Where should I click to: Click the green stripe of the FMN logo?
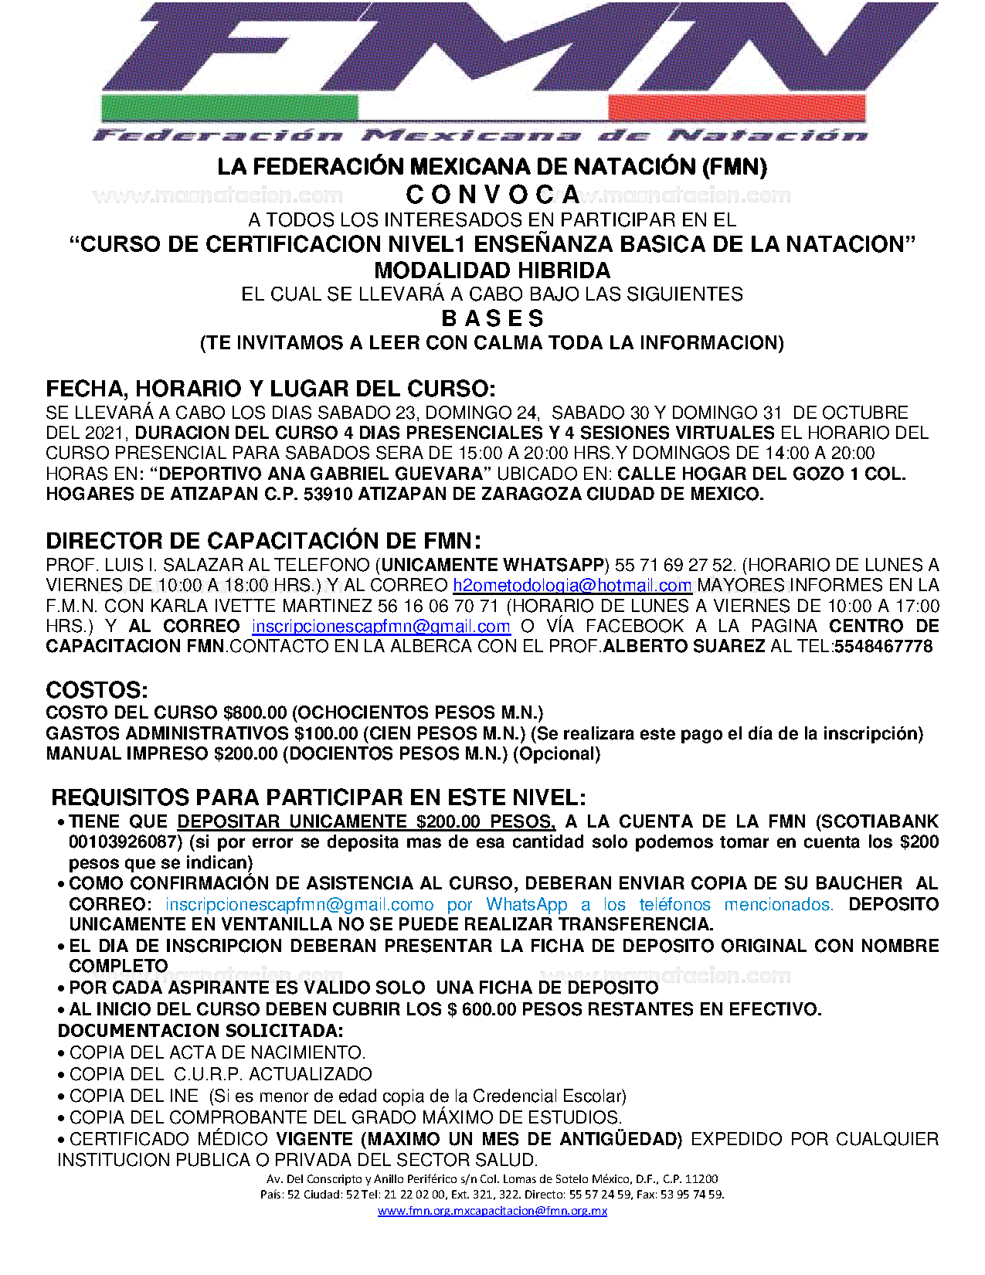(x=229, y=107)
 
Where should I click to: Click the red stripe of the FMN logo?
(x=737, y=107)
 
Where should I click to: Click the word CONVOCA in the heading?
(x=493, y=195)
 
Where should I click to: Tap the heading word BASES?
(x=493, y=318)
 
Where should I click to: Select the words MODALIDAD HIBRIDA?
(x=492, y=270)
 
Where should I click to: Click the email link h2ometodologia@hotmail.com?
(x=572, y=586)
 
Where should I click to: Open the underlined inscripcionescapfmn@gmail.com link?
(x=381, y=627)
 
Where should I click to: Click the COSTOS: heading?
(x=97, y=690)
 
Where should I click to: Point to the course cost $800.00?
(x=255, y=712)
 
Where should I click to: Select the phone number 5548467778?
(x=883, y=647)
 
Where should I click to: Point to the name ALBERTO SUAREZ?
(x=684, y=647)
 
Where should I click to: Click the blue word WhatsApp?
(x=527, y=905)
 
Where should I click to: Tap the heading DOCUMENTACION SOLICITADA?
(x=201, y=1031)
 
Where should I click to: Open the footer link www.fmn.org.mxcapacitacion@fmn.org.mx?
(x=492, y=1211)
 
